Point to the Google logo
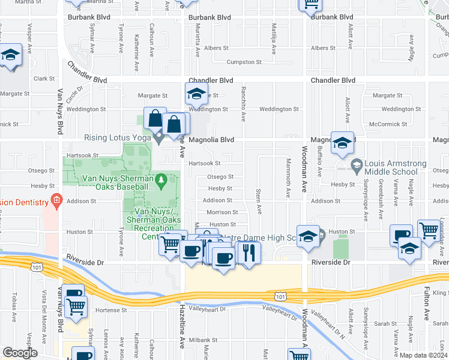20,353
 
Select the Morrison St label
222,212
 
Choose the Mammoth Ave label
289,182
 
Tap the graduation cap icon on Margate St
195,94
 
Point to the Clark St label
44,79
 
